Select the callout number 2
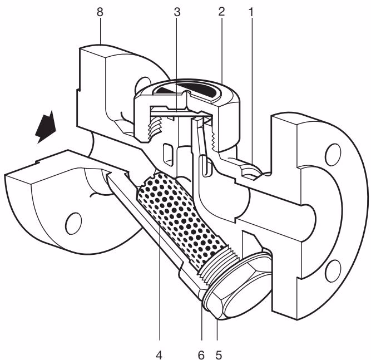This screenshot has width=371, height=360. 221,12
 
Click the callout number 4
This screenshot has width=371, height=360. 159,355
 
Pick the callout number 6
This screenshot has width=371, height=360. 201,355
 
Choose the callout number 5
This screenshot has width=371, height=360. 219,355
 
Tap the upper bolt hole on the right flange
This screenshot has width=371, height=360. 333,155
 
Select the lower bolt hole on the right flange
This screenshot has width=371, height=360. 334,271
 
